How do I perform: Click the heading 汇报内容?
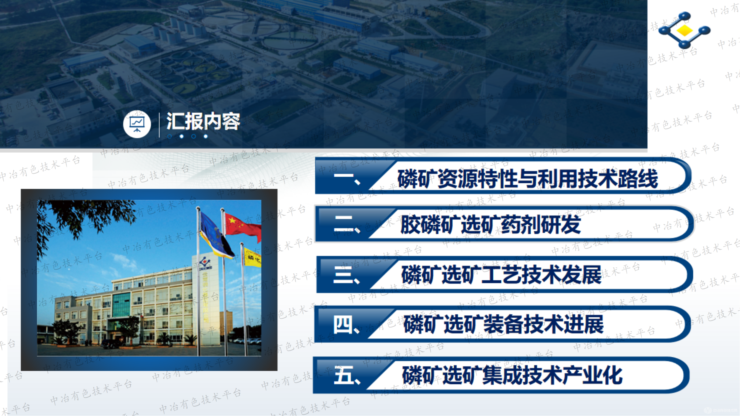coord(203,121)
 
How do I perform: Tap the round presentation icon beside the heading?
coord(137,124)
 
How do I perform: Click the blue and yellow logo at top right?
coord(684,30)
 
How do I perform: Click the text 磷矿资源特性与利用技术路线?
coord(527,179)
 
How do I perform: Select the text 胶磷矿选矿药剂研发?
coord(491,225)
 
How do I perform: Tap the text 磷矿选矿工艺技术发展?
coord(501,275)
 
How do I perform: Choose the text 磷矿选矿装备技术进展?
coord(503,324)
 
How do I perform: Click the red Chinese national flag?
coord(243,227)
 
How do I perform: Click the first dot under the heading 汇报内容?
coord(170,136)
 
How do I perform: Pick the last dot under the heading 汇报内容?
coord(206,136)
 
